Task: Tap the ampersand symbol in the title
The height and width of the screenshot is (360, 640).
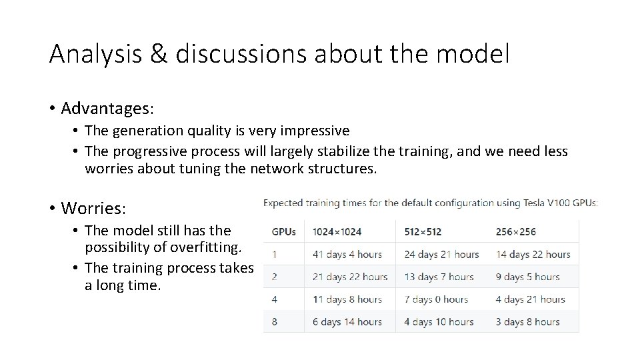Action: [x=159, y=54]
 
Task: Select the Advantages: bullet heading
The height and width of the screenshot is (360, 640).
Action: [x=107, y=107]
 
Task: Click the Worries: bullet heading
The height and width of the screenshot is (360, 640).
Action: [x=93, y=208]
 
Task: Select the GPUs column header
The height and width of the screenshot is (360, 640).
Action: [x=284, y=232]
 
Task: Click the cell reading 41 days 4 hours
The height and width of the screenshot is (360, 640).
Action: [x=347, y=254]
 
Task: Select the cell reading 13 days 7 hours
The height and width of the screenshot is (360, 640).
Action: [x=439, y=277]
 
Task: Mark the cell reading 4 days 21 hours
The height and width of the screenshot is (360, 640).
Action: [x=530, y=299]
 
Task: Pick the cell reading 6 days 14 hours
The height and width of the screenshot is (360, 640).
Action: [x=347, y=321]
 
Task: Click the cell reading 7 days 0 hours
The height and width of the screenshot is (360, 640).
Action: [x=436, y=299]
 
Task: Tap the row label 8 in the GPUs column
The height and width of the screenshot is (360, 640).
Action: [x=275, y=321]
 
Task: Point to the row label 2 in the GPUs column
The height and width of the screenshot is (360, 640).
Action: [x=275, y=277]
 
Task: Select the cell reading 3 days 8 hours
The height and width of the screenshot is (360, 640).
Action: [x=527, y=321]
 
